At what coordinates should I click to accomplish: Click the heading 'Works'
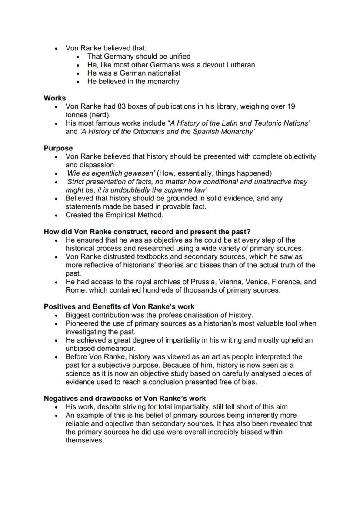pyautogui.click(x=55, y=98)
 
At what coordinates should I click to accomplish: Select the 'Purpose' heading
pyautogui.click(x=58, y=148)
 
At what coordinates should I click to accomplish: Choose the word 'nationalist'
pyautogui.click(x=162, y=73)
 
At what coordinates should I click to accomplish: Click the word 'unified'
pyautogui.click(x=177, y=57)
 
